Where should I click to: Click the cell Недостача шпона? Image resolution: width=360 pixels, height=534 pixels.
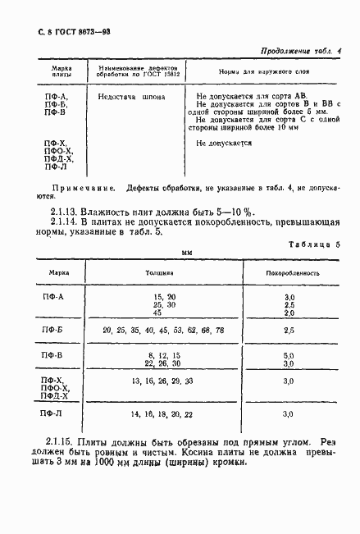(131, 97)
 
